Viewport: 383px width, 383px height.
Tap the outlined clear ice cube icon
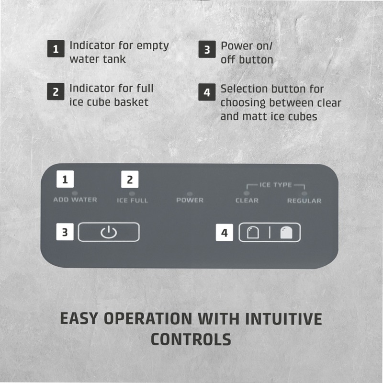(x=253, y=232)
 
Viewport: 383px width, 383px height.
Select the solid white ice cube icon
(x=286, y=232)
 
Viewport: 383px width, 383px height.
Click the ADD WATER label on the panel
(x=75, y=200)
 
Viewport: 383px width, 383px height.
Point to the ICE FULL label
(x=133, y=201)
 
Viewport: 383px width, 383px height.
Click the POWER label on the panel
(x=190, y=200)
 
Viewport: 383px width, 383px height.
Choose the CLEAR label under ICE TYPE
(x=247, y=201)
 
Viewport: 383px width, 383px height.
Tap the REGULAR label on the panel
(x=304, y=201)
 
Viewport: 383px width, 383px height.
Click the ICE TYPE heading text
(x=276, y=185)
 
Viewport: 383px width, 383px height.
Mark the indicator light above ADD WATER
(x=75, y=193)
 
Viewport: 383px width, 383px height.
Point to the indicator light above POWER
(x=190, y=194)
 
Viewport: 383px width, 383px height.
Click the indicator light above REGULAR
(x=304, y=194)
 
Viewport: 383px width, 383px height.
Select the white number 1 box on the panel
(x=65, y=179)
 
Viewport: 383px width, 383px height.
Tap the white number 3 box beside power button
(x=65, y=232)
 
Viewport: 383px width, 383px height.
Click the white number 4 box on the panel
(x=224, y=233)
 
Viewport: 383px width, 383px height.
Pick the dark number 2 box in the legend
(x=56, y=91)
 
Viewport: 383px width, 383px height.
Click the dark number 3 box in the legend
(x=207, y=49)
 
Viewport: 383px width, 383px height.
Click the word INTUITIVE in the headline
(x=284, y=319)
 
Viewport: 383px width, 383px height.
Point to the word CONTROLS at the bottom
(x=191, y=339)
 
